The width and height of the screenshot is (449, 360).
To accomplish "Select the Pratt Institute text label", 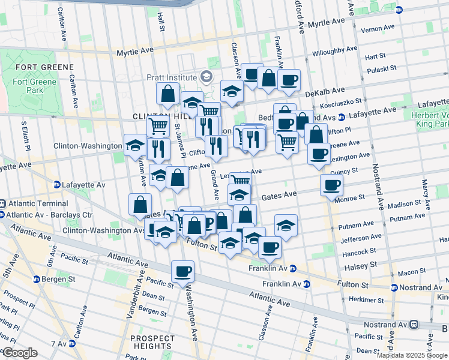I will tap(172, 77).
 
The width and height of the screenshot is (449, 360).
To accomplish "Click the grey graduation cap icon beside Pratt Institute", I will tap(207, 76).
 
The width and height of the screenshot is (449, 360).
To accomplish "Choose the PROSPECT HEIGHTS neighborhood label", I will tap(153, 342).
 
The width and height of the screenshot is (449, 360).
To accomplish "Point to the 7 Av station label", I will tap(59, 344).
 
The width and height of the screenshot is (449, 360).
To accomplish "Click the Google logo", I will tap(20, 353).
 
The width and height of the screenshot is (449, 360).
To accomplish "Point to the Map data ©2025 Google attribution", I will tap(411, 355).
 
